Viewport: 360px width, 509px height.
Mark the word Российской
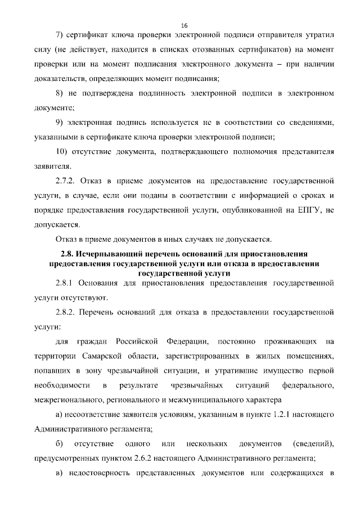[136, 342]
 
